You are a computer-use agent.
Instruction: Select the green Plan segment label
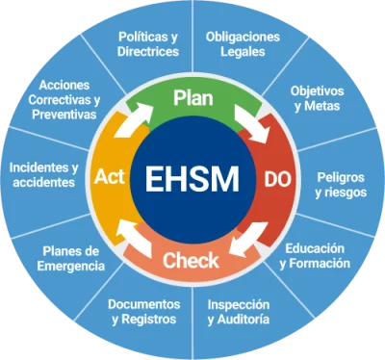point(192,97)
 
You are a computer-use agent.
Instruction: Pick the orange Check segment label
point(192,260)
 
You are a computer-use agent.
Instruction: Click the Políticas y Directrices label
point(147,44)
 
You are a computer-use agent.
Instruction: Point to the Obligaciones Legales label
point(243,44)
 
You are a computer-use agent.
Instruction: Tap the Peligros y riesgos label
point(338,185)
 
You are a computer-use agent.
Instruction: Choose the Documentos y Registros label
point(142,310)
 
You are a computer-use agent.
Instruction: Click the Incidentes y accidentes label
point(42,174)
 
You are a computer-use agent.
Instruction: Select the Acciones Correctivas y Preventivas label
point(64,99)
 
